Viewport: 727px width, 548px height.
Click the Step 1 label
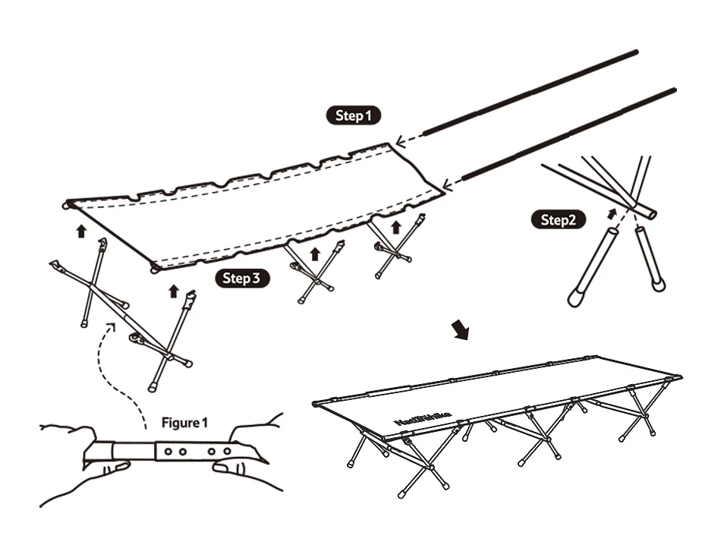pyautogui.click(x=354, y=116)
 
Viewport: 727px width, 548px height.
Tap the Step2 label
pyautogui.click(x=559, y=220)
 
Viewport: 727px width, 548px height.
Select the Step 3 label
pyautogui.click(x=242, y=279)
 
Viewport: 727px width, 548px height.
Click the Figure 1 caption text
pyautogui.click(x=184, y=422)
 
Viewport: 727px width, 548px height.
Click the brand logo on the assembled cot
pyautogui.click(x=423, y=419)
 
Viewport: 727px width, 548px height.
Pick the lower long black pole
pyautogui.click(x=569, y=134)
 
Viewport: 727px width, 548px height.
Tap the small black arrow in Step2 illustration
pyautogui.click(x=612, y=213)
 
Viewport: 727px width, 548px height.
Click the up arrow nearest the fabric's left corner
pyautogui.click(x=81, y=230)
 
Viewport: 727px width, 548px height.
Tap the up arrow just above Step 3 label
pyautogui.click(x=174, y=291)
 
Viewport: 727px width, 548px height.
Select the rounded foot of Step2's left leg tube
pyautogui.click(x=576, y=298)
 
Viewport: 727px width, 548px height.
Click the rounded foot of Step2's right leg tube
pyautogui.click(x=659, y=285)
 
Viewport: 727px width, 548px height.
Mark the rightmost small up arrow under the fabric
pyautogui.click(x=395, y=226)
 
